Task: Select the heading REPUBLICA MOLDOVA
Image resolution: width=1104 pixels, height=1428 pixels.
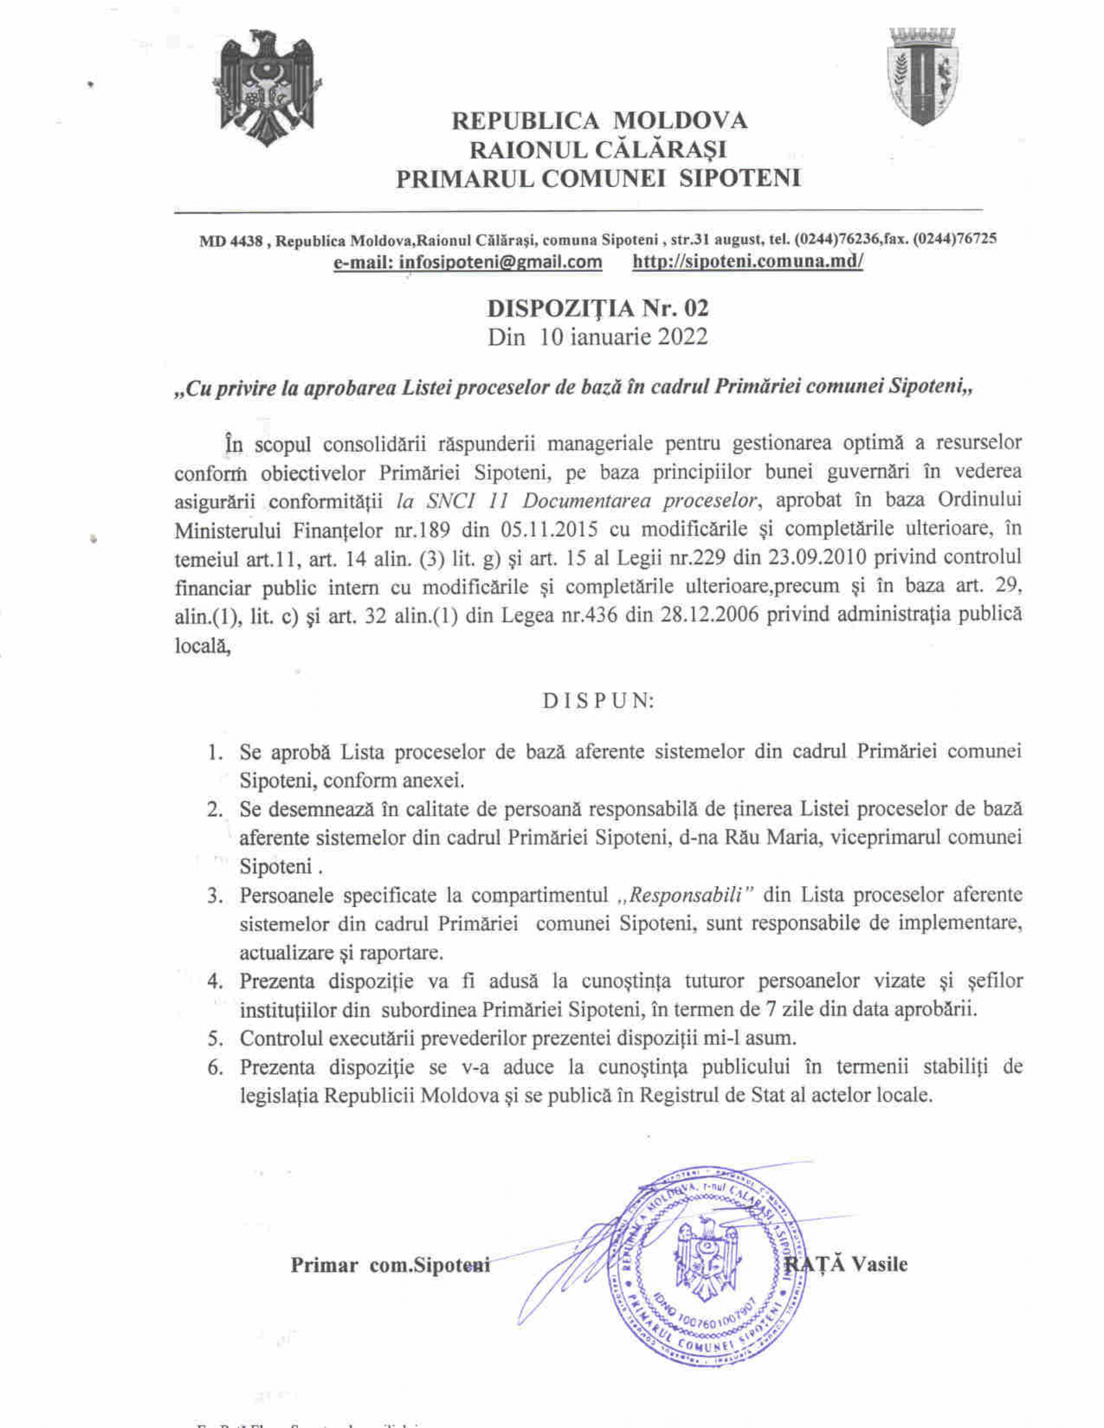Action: coord(599,121)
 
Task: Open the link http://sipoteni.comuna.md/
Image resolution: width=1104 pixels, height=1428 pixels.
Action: coord(747,262)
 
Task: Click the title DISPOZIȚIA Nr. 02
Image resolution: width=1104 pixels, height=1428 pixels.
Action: coord(599,307)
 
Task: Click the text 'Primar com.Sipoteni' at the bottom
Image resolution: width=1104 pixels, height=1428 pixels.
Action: coord(390,1265)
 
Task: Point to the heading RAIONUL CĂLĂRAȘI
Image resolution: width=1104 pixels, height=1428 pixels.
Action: coord(599,150)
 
